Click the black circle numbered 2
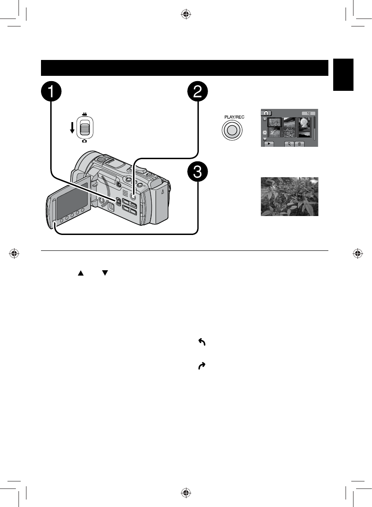click(x=198, y=93)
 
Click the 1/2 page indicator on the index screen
click(x=308, y=113)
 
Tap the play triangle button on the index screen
click(x=269, y=144)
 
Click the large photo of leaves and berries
click(x=289, y=197)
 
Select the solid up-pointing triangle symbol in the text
click(x=81, y=273)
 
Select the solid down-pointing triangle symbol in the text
click(x=104, y=273)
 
